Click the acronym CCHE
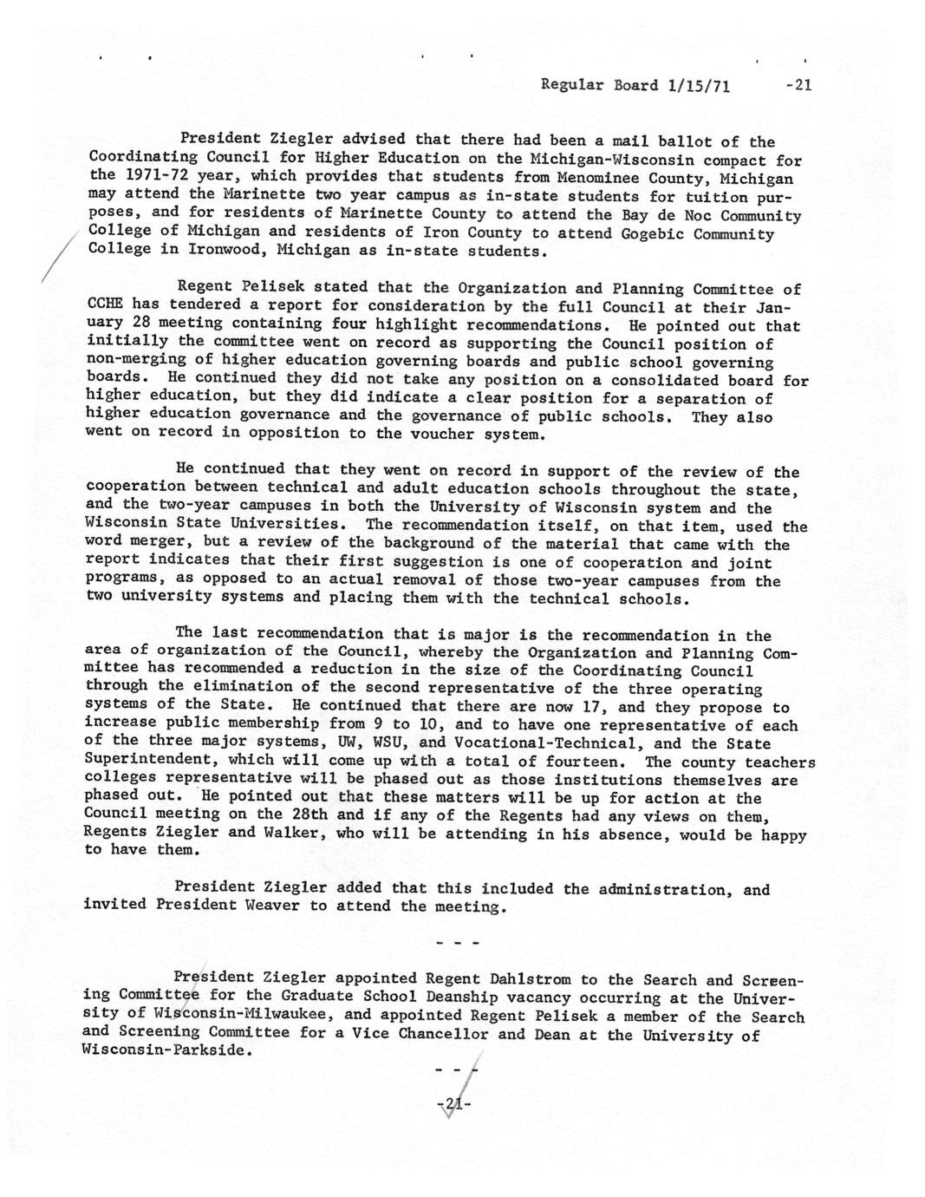click(106, 305)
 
